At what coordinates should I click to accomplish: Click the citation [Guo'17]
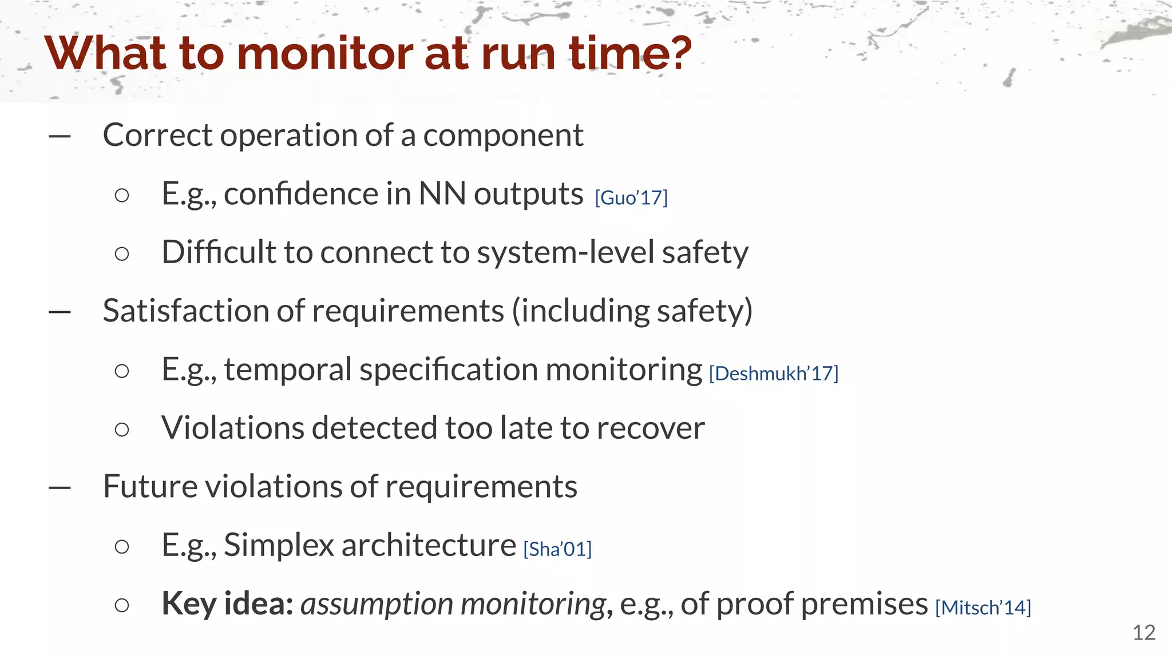pos(631,198)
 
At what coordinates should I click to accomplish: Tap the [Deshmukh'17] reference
pos(774,374)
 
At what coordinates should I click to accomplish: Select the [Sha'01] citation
pos(557,549)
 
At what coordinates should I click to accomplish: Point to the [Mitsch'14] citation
pos(983,608)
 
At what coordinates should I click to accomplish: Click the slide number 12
pos(1143,633)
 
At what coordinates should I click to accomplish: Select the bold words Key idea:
pos(227,604)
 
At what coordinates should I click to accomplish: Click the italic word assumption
pos(377,605)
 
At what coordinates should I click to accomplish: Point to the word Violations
pos(232,428)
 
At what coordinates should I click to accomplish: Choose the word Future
pos(150,487)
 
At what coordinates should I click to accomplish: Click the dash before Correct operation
pos(60,137)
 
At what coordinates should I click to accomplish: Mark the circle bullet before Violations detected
pos(122,429)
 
